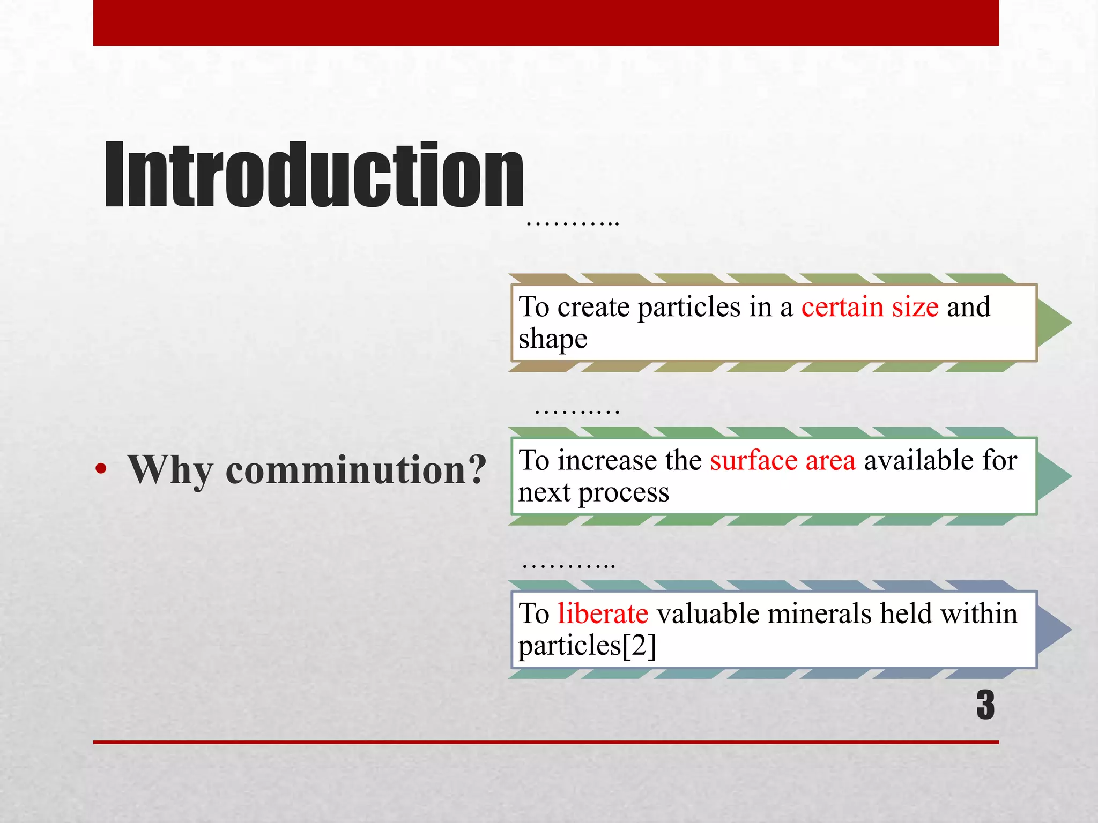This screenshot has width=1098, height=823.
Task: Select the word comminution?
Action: (x=356, y=469)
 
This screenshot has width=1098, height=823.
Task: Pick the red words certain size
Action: (x=870, y=307)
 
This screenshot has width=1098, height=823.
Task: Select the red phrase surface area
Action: (x=783, y=460)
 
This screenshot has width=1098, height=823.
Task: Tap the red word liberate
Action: (x=603, y=613)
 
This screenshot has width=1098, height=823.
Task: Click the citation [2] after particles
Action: (x=639, y=645)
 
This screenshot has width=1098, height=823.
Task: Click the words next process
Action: (x=593, y=492)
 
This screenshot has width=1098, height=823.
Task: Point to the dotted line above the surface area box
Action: (x=577, y=411)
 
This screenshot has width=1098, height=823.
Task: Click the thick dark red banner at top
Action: (x=546, y=23)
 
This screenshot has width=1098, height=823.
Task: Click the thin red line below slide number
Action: (x=546, y=742)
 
